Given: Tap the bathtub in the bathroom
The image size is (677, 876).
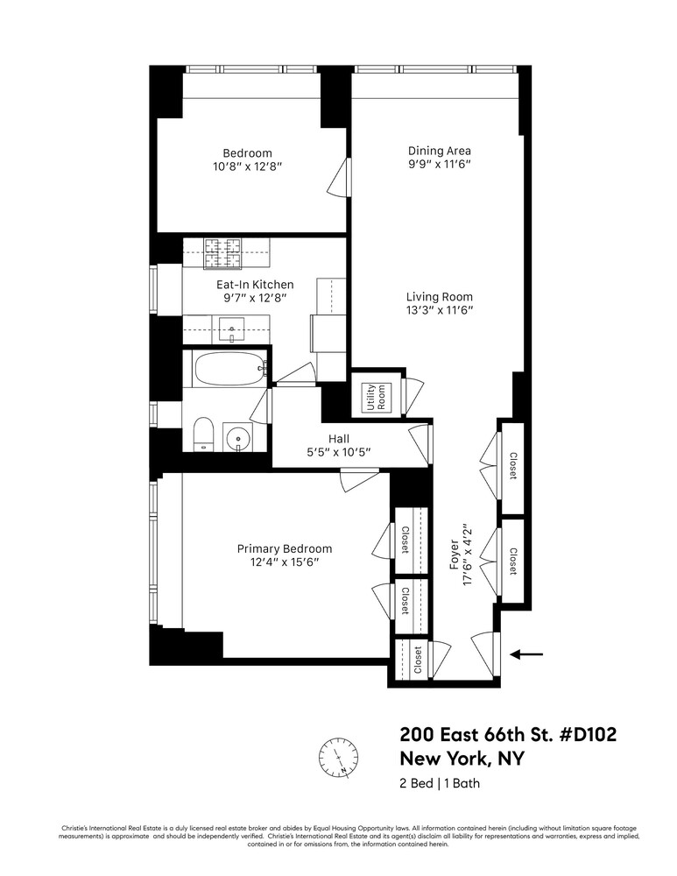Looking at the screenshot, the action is coord(229,370).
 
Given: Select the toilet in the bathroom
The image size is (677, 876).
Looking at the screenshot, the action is coord(203,434).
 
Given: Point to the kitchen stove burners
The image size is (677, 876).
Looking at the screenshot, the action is coord(222,252).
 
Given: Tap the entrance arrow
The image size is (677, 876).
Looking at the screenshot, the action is coord(526,653).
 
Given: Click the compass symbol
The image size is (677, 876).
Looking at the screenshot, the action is coord(338,758).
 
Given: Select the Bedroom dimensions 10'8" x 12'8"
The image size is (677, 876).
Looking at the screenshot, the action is coord(248,166).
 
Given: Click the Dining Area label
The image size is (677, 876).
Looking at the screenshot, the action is coord(439,151).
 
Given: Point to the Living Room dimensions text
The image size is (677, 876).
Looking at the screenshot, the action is coord(440,311).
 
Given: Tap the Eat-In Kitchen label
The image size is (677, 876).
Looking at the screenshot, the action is coord(255,285).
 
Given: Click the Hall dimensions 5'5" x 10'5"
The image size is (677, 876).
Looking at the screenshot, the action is coord(339,452).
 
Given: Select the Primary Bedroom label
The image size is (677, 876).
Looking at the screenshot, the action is coord(285,548).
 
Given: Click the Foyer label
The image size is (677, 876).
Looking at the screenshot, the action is coord(455,555).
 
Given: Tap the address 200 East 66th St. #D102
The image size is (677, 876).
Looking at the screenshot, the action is coord(508,734).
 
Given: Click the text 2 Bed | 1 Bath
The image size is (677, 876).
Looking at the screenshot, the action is coord(440,782).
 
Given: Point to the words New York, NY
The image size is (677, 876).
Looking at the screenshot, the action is coord(462,759).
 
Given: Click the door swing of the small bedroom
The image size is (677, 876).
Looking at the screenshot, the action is coord(338,177).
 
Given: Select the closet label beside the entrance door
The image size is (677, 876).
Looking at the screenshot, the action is coord(417,660).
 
